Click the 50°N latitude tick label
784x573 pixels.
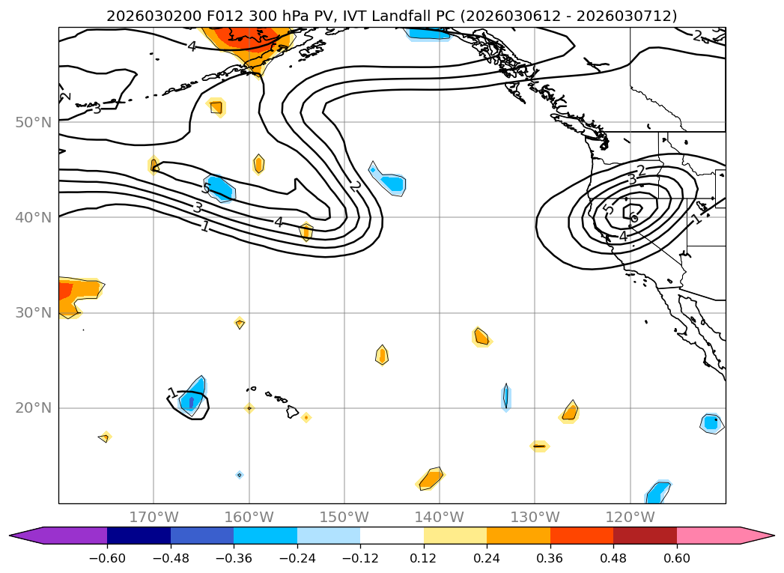(x=33, y=122)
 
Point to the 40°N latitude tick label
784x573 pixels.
(x=33, y=217)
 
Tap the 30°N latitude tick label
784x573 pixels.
(x=33, y=312)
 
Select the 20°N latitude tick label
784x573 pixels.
(x=33, y=408)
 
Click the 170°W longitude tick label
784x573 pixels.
(x=154, y=517)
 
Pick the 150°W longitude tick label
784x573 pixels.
(x=344, y=517)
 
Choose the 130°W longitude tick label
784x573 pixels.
(x=534, y=517)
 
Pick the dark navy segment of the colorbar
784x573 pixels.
(x=139, y=536)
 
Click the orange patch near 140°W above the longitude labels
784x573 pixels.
(x=431, y=479)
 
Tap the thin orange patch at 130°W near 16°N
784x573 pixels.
(x=539, y=446)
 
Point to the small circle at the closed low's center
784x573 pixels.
(x=634, y=219)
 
